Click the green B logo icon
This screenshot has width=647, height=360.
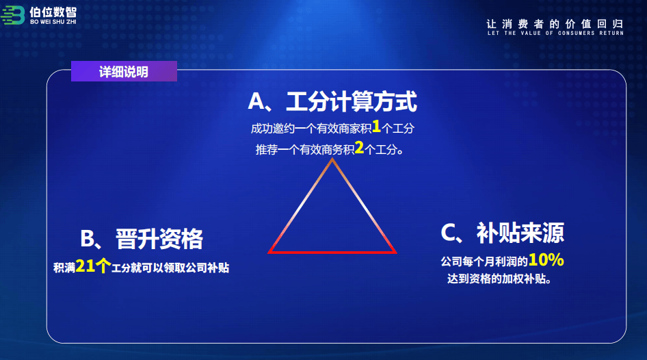click(x=13, y=15)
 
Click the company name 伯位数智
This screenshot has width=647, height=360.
click(x=53, y=12)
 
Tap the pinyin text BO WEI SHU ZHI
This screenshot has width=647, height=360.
click(x=53, y=22)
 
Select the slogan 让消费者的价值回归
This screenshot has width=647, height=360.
click(x=555, y=24)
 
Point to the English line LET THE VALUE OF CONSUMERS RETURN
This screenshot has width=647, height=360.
click(x=555, y=33)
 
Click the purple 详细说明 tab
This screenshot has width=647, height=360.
click(x=124, y=71)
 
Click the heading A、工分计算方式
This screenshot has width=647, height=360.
click(x=332, y=101)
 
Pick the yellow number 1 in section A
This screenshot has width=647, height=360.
click(x=376, y=127)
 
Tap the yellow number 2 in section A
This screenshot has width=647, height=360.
click(x=359, y=147)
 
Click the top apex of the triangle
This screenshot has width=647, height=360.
click(x=332, y=159)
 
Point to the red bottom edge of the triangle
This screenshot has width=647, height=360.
click(x=332, y=252)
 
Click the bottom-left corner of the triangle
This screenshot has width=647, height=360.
click(x=269, y=253)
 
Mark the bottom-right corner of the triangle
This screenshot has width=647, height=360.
click(x=396, y=253)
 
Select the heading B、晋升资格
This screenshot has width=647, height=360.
click(x=142, y=239)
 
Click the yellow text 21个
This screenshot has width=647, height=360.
click(x=93, y=266)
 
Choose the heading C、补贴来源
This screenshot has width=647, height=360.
click(x=502, y=233)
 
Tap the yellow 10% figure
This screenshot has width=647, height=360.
click(x=546, y=259)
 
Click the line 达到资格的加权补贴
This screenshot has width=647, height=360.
click(x=499, y=279)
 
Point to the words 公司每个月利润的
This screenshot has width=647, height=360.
click(x=484, y=261)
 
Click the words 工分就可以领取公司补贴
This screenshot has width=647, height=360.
click(x=170, y=268)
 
